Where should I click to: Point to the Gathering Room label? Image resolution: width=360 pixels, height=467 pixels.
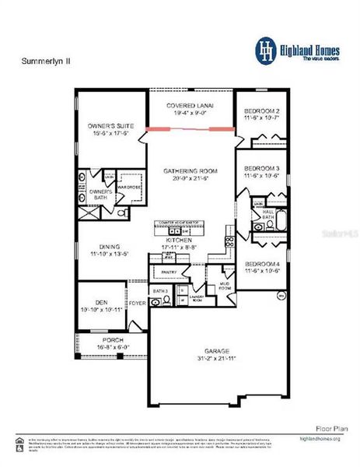point(190,170)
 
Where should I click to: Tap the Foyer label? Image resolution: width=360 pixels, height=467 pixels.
point(138,303)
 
